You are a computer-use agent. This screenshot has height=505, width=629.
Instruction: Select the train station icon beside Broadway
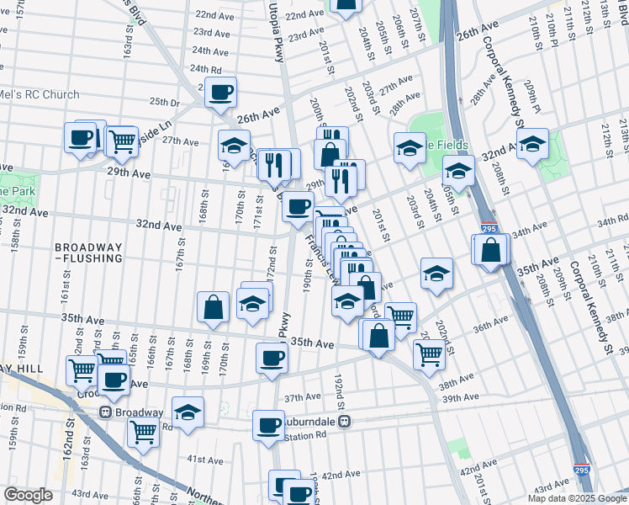point(107,412)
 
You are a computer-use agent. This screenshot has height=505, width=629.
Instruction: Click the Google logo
point(29,495)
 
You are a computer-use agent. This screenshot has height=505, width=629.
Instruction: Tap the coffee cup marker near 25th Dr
point(221,92)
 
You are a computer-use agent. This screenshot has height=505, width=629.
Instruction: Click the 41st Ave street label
point(204,460)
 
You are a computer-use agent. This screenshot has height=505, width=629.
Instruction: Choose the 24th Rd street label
point(205,69)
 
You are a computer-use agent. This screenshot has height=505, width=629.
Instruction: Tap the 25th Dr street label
point(165,102)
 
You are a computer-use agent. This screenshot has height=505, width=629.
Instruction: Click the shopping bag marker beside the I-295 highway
point(491,250)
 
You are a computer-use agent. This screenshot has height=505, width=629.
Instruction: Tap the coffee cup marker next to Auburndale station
point(269,424)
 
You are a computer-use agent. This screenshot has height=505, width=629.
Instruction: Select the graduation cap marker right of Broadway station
point(188,412)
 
